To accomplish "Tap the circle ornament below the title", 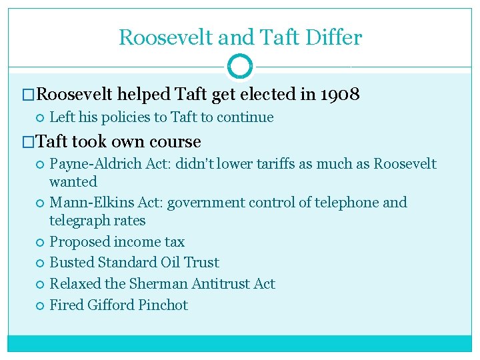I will pos(239,67).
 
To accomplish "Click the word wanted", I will pos(73,181).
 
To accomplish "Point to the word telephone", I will pos(339,203).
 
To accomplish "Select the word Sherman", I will pos(158,284).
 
